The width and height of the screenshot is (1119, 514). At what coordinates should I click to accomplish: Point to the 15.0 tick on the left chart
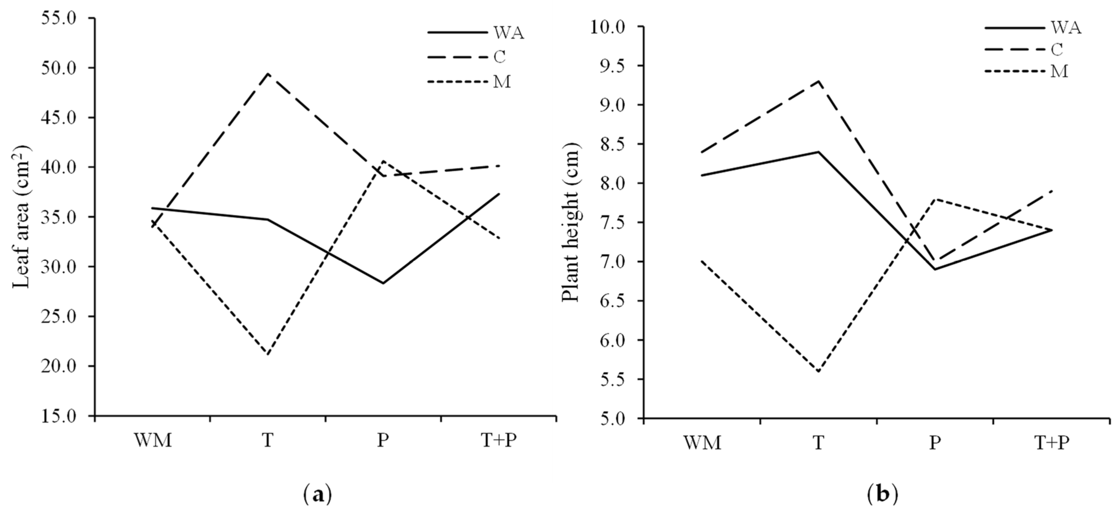click(x=64, y=416)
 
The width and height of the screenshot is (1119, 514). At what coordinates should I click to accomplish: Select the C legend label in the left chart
click(x=500, y=57)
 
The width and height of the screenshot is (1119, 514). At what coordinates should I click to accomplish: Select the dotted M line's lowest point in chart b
click(x=819, y=372)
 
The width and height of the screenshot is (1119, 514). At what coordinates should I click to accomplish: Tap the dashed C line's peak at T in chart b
click(x=819, y=81)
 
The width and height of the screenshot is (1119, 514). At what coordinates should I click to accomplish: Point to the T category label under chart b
click(x=819, y=443)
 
